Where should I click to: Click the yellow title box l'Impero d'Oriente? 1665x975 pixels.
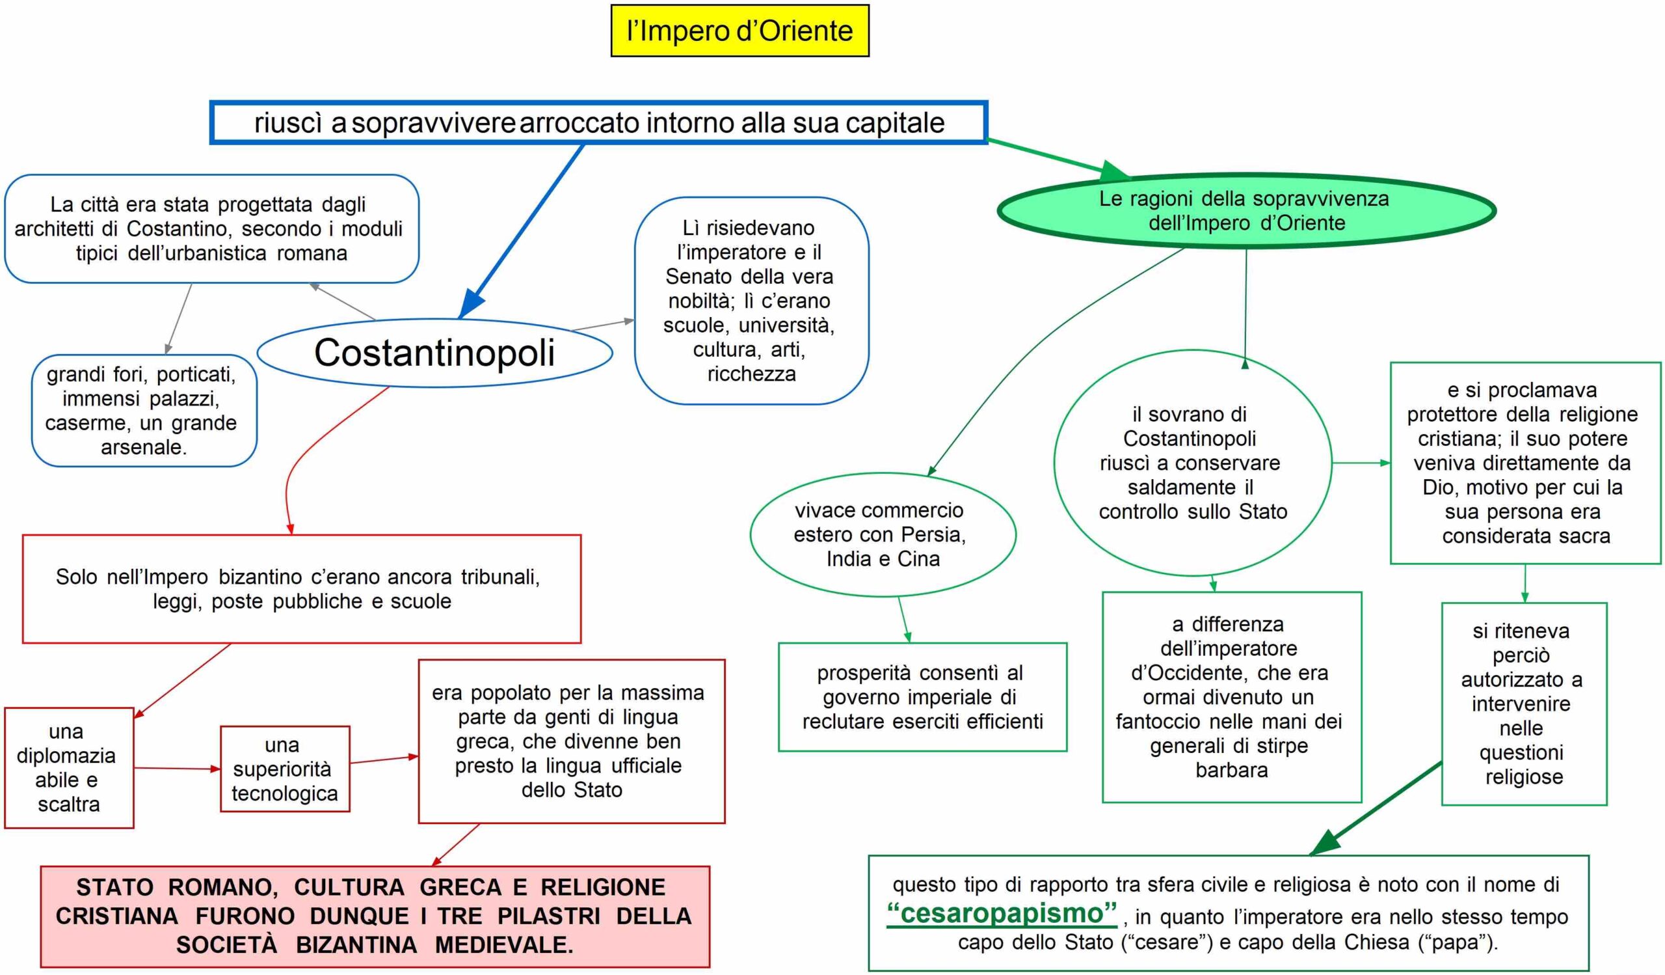(739, 31)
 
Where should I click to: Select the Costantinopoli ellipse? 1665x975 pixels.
(434, 352)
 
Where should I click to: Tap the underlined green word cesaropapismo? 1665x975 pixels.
(1002, 913)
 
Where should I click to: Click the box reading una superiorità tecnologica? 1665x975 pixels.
(285, 769)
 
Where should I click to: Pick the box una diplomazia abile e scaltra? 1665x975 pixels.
(69, 767)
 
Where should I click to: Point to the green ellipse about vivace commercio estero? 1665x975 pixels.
(882, 534)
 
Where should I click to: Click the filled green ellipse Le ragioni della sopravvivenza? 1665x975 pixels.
(1245, 210)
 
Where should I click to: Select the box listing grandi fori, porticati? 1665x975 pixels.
(143, 411)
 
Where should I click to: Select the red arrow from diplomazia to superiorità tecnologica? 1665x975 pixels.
(176, 768)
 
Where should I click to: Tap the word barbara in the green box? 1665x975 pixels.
(1232, 770)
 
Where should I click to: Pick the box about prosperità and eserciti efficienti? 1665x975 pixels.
(922, 696)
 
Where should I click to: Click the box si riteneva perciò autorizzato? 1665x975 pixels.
(1524, 704)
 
